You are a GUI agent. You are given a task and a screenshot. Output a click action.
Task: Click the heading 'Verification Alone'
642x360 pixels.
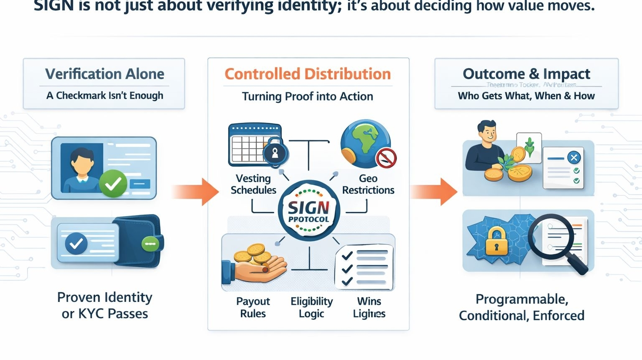pyautogui.click(x=104, y=74)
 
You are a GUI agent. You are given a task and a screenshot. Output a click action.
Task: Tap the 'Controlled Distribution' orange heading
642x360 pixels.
pyautogui.click(x=308, y=74)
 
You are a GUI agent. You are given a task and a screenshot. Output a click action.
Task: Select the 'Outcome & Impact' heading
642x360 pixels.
pyautogui.click(x=526, y=74)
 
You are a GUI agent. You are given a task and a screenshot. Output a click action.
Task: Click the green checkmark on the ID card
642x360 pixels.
pyautogui.click(x=113, y=184)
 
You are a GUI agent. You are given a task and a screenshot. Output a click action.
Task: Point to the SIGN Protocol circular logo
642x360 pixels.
pyautogui.click(x=309, y=211)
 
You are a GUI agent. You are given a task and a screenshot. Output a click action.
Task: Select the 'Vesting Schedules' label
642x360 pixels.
pyautogui.click(x=253, y=184)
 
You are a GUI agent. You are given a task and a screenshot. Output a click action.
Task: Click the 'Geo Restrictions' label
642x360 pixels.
pyautogui.click(x=368, y=184)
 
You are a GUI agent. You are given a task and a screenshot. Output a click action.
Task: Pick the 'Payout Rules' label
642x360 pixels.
pyautogui.click(x=253, y=307)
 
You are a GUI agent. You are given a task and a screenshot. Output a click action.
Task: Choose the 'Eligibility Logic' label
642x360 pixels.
pyautogui.click(x=311, y=307)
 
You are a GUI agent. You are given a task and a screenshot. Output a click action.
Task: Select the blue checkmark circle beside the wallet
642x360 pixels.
pyautogui.click(x=76, y=243)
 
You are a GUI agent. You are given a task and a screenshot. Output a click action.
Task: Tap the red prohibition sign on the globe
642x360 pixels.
pyautogui.click(x=386, y=158)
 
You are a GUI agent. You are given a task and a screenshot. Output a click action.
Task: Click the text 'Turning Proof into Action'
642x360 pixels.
pyautogui.click(x=308, y=97)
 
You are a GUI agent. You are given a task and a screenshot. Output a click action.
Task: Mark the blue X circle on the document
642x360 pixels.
pyautogui.click(x=573, y=158)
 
